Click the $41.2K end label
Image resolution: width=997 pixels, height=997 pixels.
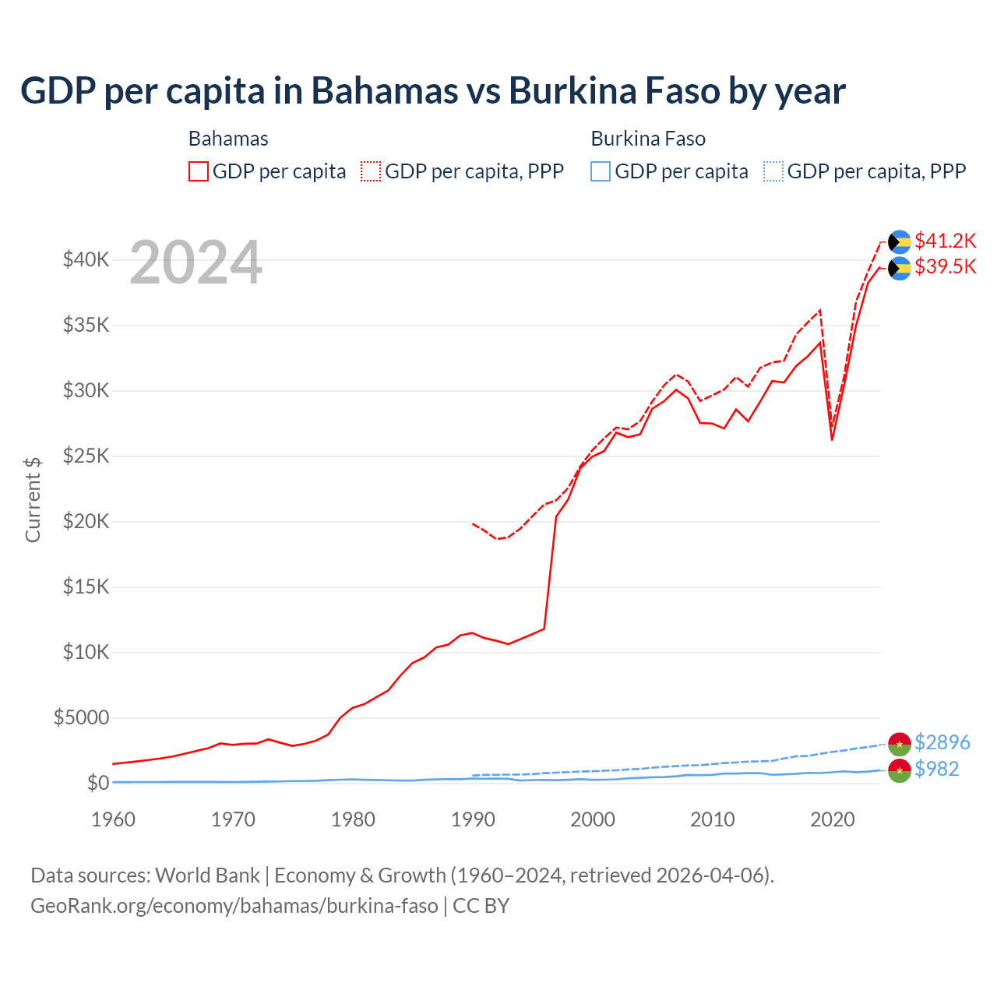945,241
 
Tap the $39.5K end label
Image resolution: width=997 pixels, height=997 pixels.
945,267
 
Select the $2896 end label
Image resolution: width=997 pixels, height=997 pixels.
942,742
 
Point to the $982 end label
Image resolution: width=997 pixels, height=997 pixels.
936,769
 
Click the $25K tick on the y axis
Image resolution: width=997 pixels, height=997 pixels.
86,456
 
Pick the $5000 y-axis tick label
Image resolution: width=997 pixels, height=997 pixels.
81,717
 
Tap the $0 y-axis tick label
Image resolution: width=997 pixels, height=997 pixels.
97,783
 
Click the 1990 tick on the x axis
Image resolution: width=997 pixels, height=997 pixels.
473,819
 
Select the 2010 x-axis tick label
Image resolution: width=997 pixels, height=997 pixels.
713,819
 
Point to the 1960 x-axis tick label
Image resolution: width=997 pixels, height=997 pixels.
113,819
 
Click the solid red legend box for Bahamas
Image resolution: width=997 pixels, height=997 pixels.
199,171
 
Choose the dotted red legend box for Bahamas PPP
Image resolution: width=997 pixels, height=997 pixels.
371,171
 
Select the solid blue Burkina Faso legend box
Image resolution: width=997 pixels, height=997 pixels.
601,171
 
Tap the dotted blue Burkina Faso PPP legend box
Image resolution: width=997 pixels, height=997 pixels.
773,171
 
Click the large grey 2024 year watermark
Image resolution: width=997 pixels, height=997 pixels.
196,263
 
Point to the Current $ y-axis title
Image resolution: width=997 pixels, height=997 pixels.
33,499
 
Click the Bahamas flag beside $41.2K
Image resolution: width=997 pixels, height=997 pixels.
900,241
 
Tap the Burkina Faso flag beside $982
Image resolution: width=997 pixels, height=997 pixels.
900,770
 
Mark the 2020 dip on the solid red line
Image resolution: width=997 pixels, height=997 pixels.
832,439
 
